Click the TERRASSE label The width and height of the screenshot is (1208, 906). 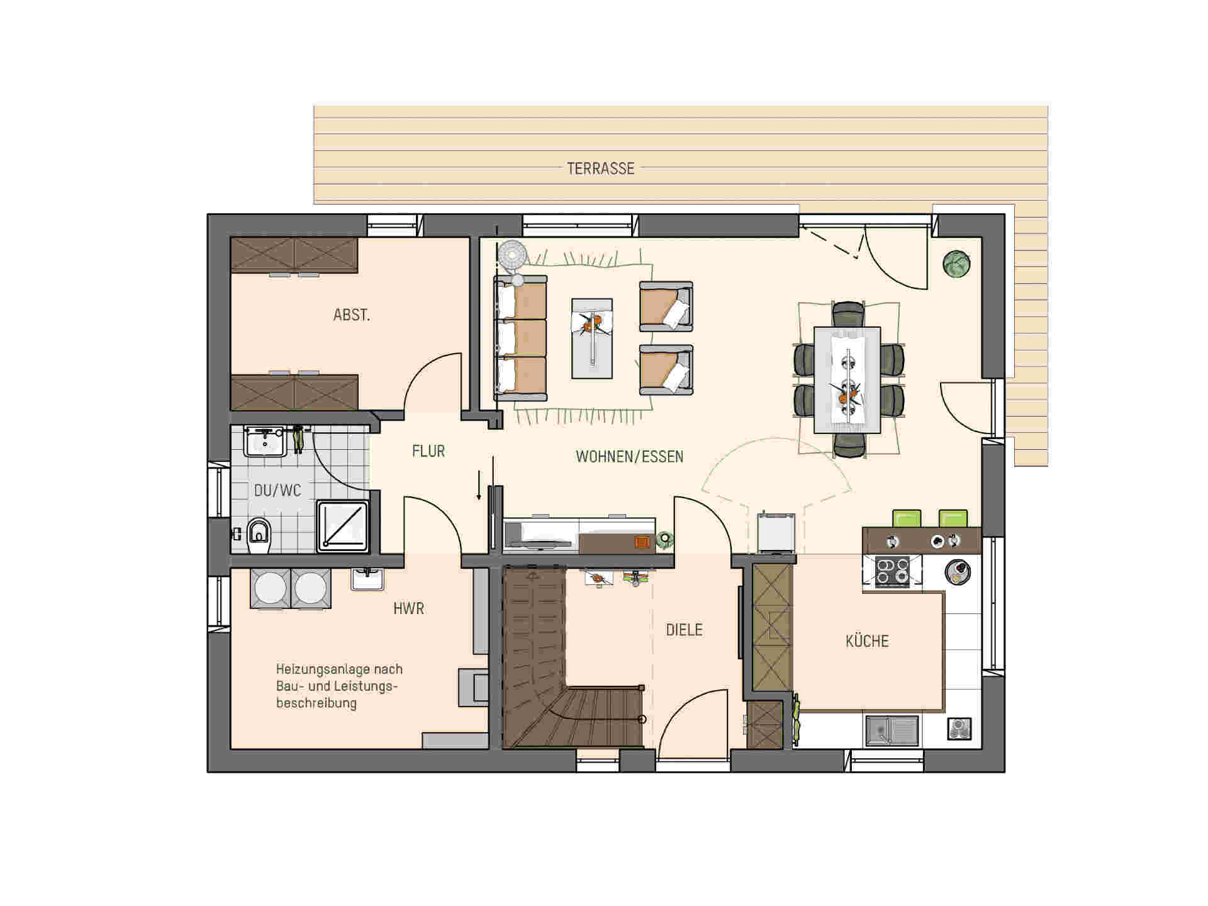[600, 169]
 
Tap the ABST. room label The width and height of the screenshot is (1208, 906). [352, 315]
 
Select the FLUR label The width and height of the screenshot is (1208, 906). [428, 451]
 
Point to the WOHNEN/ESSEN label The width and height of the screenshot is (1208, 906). [629, 456]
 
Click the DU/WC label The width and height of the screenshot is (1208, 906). [277, 490]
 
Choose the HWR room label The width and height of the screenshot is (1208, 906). [408, 608]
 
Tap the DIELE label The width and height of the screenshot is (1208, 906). [684, 630]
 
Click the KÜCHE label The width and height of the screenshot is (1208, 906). [867, 641]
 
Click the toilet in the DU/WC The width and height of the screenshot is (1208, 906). [259, 536]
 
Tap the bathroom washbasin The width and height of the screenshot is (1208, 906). [266, 440]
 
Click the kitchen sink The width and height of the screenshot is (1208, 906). [892, 730]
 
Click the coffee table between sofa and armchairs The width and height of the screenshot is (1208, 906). [591, 338]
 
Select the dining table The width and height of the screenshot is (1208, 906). [847, 379]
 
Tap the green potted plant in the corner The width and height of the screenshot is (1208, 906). [956, 264]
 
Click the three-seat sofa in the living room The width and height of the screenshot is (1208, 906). [520, 338]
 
